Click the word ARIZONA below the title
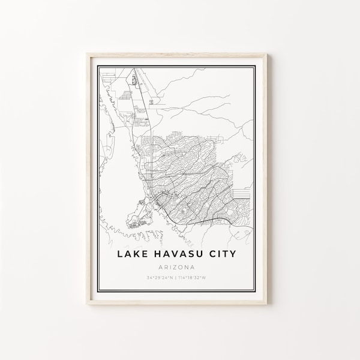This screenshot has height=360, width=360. pos(179,250)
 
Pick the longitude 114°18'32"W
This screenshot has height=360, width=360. pos(200,262)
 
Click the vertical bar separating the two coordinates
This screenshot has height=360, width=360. pos(179,262)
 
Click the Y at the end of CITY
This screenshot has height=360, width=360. pos(233,237)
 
